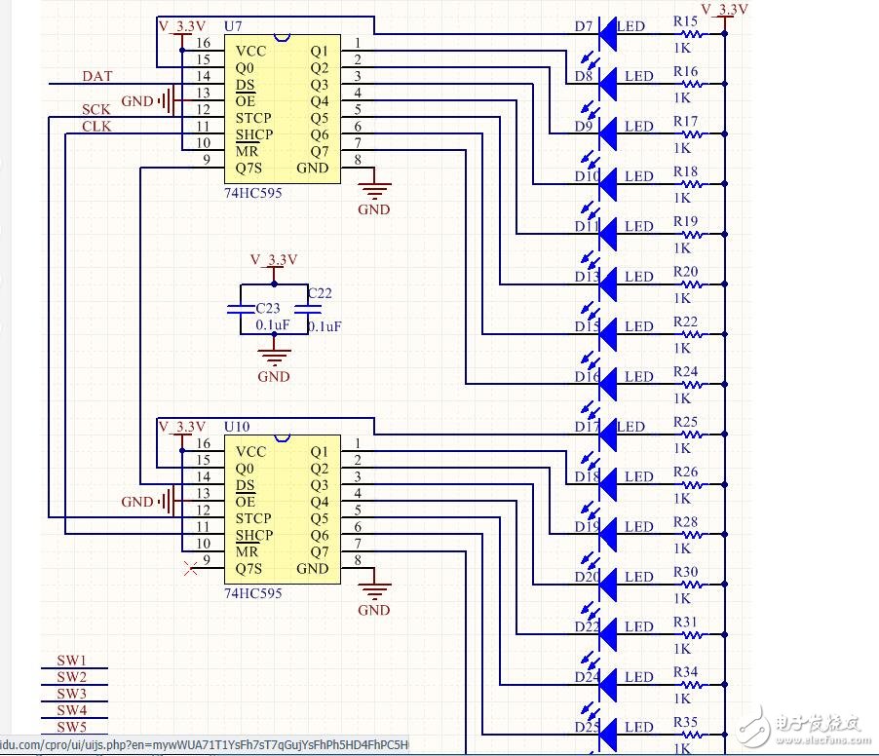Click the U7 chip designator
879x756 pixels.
click(235, 23)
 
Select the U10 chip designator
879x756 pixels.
click(237, 427)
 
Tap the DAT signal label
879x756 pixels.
click(96, 76)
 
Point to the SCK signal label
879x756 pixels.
click(96, 110)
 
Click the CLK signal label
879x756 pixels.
click(96, 127)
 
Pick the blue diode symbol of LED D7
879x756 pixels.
click(608, 34)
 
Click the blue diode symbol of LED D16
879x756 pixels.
click(608, 385)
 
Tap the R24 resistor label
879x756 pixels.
click(685, 372)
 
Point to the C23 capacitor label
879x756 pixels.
click(254, 309)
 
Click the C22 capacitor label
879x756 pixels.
click(320, 293)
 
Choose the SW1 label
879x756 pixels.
click(71, 661)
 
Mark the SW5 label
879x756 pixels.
click(71, 727)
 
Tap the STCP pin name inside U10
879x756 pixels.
click(253, 518)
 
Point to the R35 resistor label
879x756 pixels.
click(685, 723)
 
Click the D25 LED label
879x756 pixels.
click(587, 728)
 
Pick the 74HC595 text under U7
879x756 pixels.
click(253, 193)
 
